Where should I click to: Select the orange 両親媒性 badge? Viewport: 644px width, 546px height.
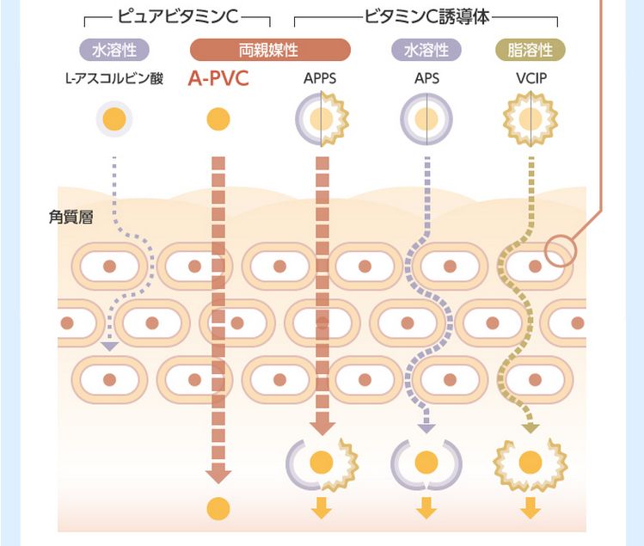click(x=269, y=50)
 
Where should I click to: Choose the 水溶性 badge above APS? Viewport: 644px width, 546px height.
click(x=426, y=50)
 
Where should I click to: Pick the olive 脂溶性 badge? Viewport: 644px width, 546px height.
click(x=530, y=50)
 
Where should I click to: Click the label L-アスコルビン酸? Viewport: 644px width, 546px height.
click(x=114, y=80)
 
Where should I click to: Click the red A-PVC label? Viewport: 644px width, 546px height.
click(x=218, y=80)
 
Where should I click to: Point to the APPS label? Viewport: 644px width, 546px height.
click(x=320, y=80)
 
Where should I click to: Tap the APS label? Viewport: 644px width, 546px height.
click(x=426, y=80)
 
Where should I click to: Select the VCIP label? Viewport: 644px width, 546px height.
click(x=531, y=80)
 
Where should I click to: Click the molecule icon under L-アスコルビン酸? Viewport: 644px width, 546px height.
click(x=114, y=119)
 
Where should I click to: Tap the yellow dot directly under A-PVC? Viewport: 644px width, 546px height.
click(x=218, y=119)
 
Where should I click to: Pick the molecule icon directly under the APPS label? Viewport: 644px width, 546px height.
click(x=320, y=119)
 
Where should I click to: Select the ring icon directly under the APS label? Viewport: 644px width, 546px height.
click(x=426, y=119)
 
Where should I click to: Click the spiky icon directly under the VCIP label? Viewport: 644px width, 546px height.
click(x=531, y=119)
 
